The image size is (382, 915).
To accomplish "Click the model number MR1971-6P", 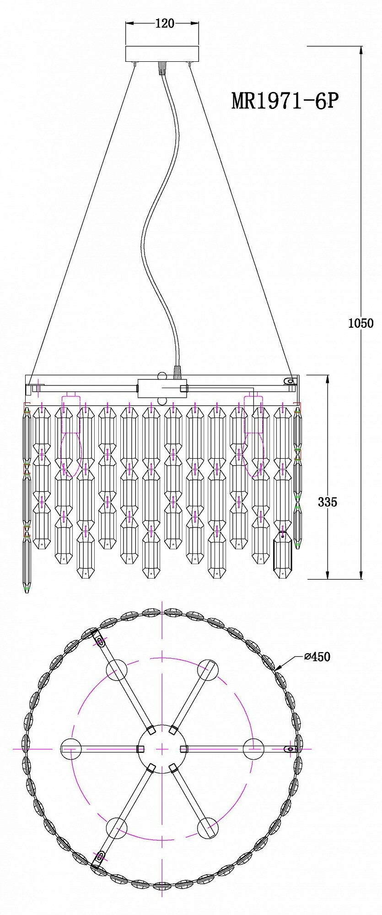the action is click(285, 100).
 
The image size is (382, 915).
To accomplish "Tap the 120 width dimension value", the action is click(165, 23).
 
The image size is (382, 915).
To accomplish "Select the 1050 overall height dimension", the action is click(360, 323).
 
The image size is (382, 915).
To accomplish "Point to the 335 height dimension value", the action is click(328, 502).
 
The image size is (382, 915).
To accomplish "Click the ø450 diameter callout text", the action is click(317, 657).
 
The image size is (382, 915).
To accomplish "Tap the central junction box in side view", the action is click(162, 388).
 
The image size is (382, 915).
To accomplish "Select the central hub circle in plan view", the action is click(162, 749).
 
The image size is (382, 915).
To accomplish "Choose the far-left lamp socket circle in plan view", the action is click(71, 749).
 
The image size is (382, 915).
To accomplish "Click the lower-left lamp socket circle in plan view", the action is click(117, 828).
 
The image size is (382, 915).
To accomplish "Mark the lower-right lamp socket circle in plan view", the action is click(208, 828).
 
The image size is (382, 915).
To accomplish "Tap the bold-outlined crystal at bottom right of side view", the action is click(282, 555).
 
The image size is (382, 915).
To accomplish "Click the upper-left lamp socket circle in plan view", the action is click(117, 670).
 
